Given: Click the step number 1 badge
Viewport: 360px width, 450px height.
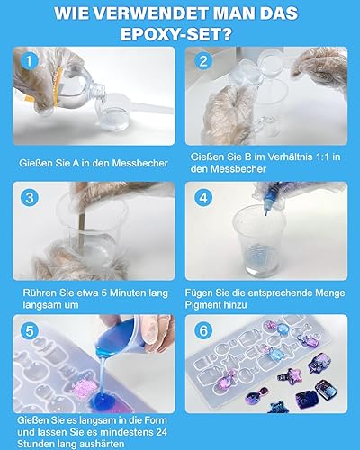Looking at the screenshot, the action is tap(29, 61).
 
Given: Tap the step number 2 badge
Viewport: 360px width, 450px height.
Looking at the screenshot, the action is tap(203, 61).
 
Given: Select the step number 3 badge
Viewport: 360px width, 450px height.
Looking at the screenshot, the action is tap(30, 197).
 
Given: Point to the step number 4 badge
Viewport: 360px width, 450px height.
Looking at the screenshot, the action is tap(203, 197).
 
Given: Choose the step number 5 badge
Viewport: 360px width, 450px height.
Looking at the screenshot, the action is tap(30, 331).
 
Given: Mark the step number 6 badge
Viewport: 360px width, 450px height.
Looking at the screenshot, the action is tap(203, 331).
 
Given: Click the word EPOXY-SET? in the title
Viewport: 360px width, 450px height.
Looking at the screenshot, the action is tap(176, 34).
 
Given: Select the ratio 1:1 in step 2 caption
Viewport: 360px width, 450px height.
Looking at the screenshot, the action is tap(318, 157).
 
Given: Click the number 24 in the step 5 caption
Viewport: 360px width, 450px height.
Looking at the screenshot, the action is tap(161, 432).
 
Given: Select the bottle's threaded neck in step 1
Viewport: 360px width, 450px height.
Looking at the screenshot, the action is tap(99, 91).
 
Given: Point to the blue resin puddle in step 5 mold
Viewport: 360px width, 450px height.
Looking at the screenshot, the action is tap(103, 399).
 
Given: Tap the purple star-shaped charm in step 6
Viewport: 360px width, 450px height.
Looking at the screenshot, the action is tap(289, 376).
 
